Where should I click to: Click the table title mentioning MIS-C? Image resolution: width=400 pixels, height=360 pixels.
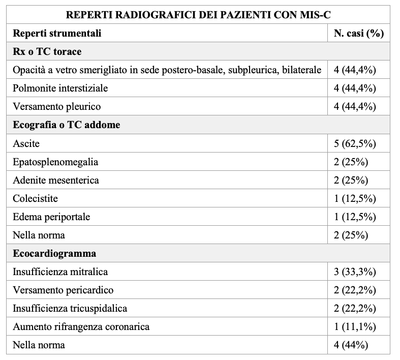click(x=198, y=14)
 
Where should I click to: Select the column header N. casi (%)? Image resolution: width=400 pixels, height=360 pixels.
click(x=358, y=33)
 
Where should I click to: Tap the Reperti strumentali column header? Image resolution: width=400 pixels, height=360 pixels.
click(x=57, y=33)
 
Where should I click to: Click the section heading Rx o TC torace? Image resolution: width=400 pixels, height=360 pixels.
click(x=47, y=51)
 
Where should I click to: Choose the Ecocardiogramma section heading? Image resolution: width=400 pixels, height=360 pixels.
click(x=54, y=253)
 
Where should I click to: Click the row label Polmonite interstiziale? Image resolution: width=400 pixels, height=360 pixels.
click(x=60, y=88)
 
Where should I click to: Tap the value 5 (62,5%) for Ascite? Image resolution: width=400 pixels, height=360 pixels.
click(x=354, y=143)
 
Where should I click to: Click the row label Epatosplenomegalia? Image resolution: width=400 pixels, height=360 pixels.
click(x=55, y=162)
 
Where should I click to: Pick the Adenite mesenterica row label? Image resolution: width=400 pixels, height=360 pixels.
click(x=56, y=180)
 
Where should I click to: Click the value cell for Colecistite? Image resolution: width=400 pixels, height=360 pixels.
click(x=354, y=198)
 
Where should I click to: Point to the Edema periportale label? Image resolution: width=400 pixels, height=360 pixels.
click(x=51, y=217)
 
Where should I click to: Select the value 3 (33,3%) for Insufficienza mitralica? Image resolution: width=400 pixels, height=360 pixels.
click(x=354, y=272)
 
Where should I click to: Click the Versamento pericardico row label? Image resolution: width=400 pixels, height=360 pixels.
click(x=63, y=290)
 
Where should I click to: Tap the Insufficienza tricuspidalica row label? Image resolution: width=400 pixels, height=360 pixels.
click(x=70, y=308)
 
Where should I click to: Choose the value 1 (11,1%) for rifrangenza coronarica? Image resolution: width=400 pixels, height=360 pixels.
click(x=354, y=326)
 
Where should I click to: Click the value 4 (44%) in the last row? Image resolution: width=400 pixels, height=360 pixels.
click(x=351, y=345)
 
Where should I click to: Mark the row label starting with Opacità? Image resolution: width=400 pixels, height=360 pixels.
click(x=167, y=70)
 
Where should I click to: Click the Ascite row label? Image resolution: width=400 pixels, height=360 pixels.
click(x=26, y=143)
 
